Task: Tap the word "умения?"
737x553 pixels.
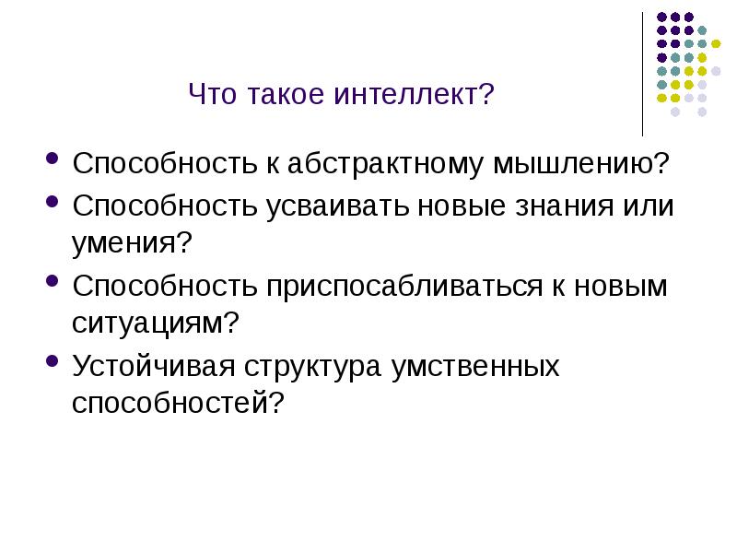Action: click(x=132, y=244)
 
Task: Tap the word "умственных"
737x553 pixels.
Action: click(x=475, y=366)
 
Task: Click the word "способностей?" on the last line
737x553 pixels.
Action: click(x=176, y=404)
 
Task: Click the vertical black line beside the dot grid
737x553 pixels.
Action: click(x=643, y=74)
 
